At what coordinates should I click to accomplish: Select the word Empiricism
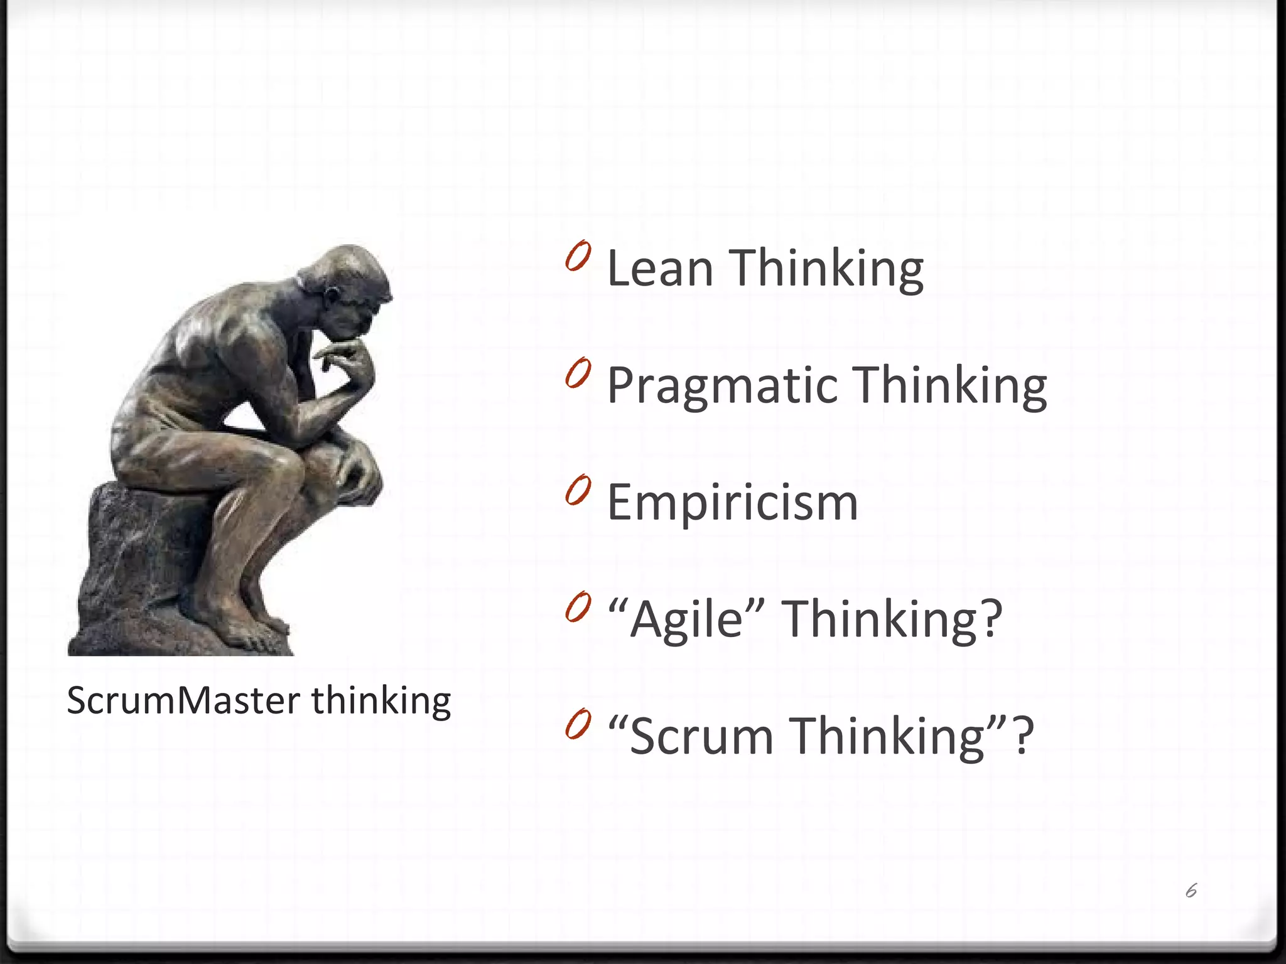[732, 503]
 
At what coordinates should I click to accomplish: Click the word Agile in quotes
[687, 620]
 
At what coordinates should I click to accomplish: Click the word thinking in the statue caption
[381, 700]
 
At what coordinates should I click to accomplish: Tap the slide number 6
[1191, 891]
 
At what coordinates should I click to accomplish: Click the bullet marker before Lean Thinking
[578, 255]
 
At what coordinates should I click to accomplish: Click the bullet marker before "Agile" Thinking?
[578, 607]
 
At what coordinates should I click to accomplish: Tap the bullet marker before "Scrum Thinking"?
[578, 724]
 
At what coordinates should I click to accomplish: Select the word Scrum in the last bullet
[701, 737]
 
